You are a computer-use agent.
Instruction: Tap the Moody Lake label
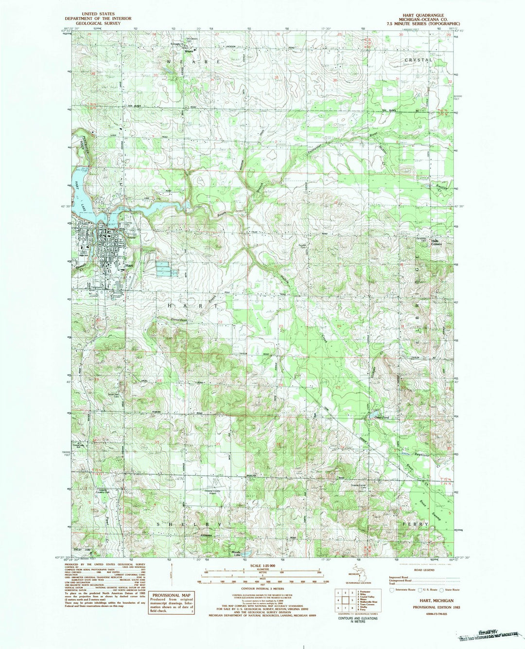pyautogui.click(x=237, y=553)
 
